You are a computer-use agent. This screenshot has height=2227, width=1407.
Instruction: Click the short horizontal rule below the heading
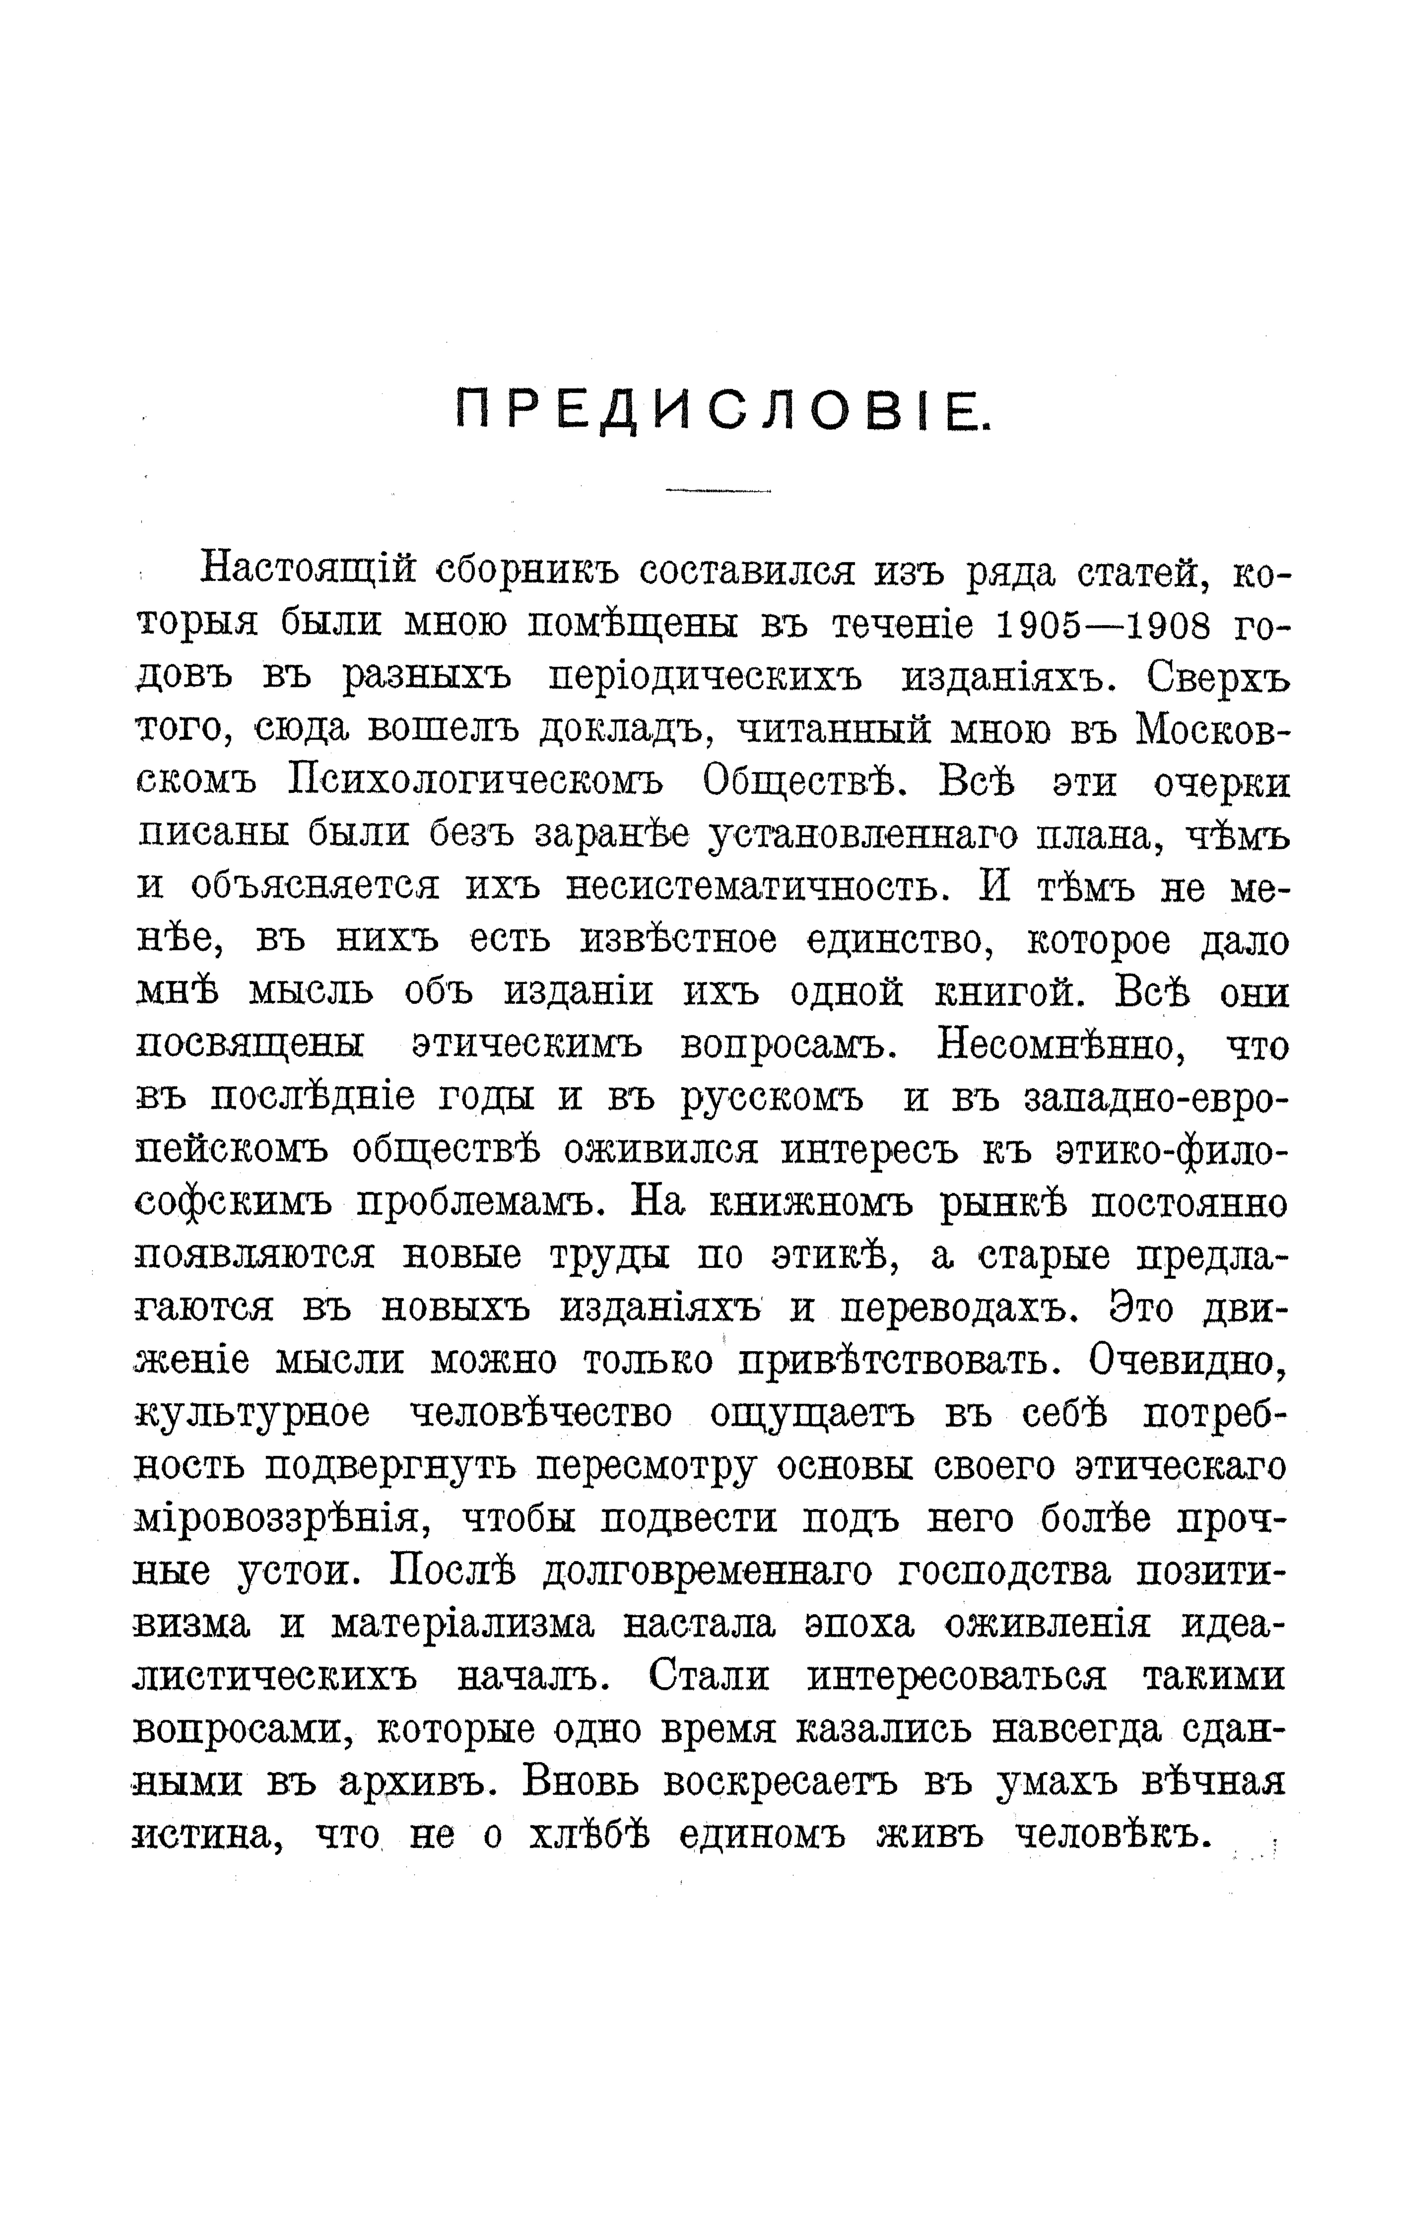coord(718,490)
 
